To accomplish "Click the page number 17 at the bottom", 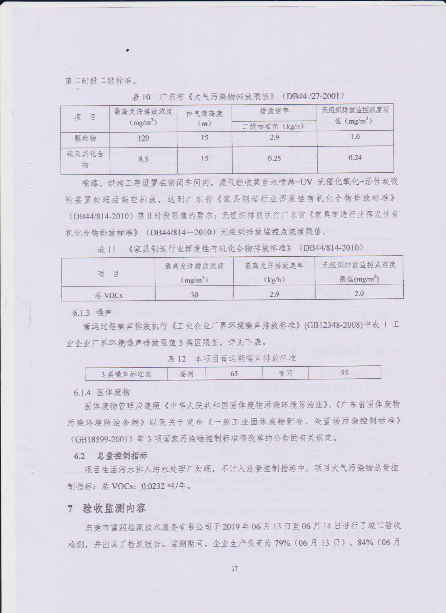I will click(235, 569).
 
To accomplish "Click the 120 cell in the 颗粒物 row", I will click(143, 138).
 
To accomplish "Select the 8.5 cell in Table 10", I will click(143, 159).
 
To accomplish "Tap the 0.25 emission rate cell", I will click(274, 158).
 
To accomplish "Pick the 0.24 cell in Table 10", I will click(355, 158).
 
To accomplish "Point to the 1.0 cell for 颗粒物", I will click(355, 137).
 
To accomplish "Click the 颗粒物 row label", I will click(85, 138).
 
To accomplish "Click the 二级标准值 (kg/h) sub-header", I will click(274, 126).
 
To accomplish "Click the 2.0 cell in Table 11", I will click(359, 294).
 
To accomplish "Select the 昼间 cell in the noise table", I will click(186, 373).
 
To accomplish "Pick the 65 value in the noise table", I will click(234, 373).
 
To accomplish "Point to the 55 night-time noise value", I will click(345, 373).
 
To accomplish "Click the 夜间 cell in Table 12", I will click(285, 373).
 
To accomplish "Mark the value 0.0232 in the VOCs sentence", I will click(153, 486).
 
